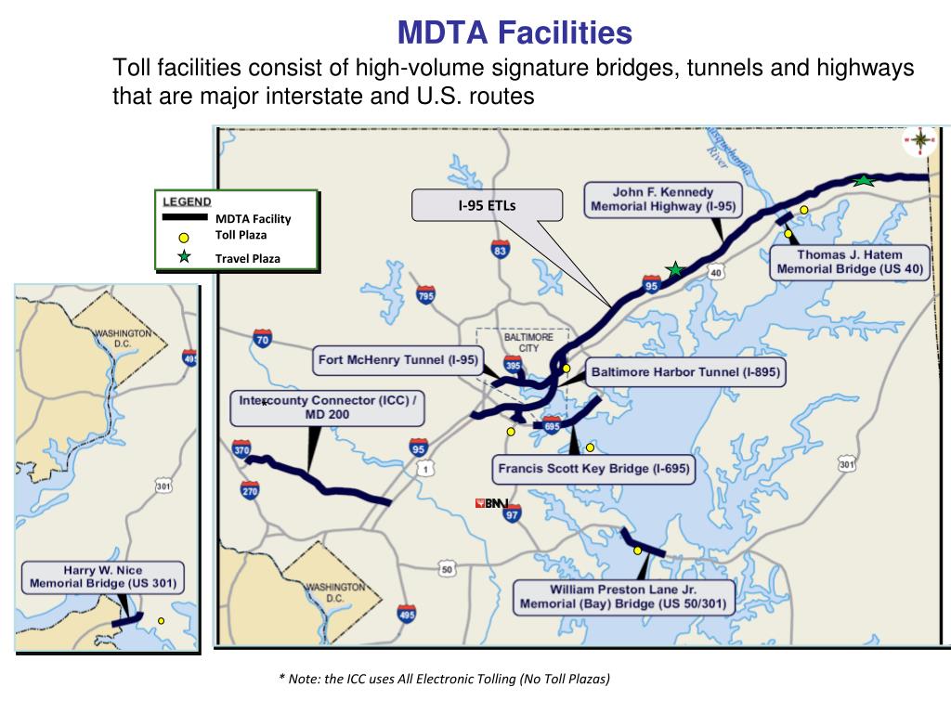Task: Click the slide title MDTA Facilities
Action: (515, 34)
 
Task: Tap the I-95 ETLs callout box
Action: (488, 205)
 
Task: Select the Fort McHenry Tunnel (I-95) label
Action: (397, 360)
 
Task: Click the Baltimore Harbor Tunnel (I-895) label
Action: (684, 373)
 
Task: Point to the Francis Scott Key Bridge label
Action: (593, 469)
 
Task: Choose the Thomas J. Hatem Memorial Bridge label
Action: (849, 262)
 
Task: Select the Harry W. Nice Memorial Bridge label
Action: (102, 577)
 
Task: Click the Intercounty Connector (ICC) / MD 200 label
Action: (328, 408)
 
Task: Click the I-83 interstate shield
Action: (501, 248)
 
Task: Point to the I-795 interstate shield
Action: (426, 296)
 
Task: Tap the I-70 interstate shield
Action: (261, 338)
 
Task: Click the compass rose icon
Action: (919, 140)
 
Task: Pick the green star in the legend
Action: (184, 257)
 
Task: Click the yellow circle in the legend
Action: (184, 238)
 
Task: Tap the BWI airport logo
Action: (493, 503)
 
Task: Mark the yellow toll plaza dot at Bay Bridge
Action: (637, 551)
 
